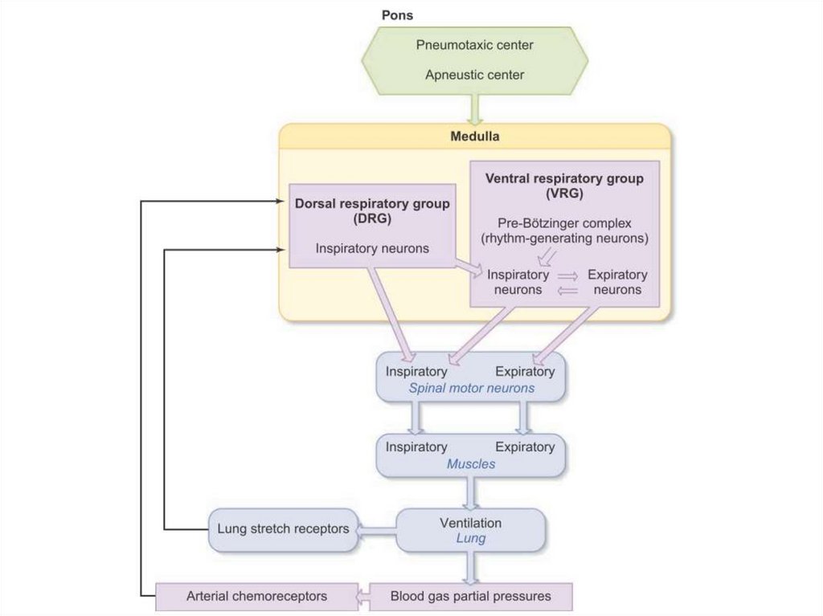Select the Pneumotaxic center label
point(474,44)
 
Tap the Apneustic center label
point(474,75)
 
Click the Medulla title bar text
point(474,137)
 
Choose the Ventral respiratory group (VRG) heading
point(564,186)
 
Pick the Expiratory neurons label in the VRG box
point(617,282)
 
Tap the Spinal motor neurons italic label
point(471,389)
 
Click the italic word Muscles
point(471,464)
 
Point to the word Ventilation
point(471,523)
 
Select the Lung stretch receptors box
point(283,529)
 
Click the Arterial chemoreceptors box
point(256,597)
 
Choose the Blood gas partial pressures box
point(471,597)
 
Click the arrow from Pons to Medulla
point(474,108)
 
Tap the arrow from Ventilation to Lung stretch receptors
point(376,529)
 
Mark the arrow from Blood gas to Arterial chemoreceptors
point(362,597)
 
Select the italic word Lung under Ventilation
point(471,538)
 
